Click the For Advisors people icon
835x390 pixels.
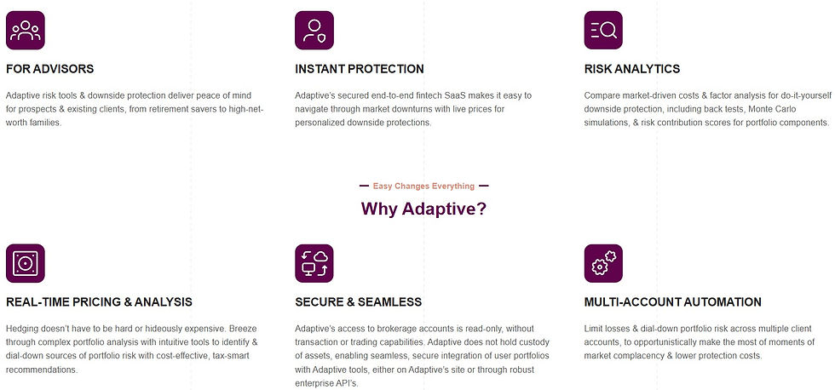25,31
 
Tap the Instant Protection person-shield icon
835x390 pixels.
314,31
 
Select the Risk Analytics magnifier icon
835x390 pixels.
603,31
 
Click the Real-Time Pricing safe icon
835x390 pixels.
25,263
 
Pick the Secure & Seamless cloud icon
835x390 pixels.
314,263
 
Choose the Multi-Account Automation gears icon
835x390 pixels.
603,263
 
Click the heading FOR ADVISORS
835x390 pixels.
49,69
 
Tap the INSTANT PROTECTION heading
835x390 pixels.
359,69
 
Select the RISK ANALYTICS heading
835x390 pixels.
632,69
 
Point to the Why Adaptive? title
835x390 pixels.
423,209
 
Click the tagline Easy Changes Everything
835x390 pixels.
423,186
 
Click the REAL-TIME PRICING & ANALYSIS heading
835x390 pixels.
99,301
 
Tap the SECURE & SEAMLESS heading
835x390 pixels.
358,301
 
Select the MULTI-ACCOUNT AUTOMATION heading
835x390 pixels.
673,301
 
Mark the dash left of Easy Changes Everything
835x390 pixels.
364,186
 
